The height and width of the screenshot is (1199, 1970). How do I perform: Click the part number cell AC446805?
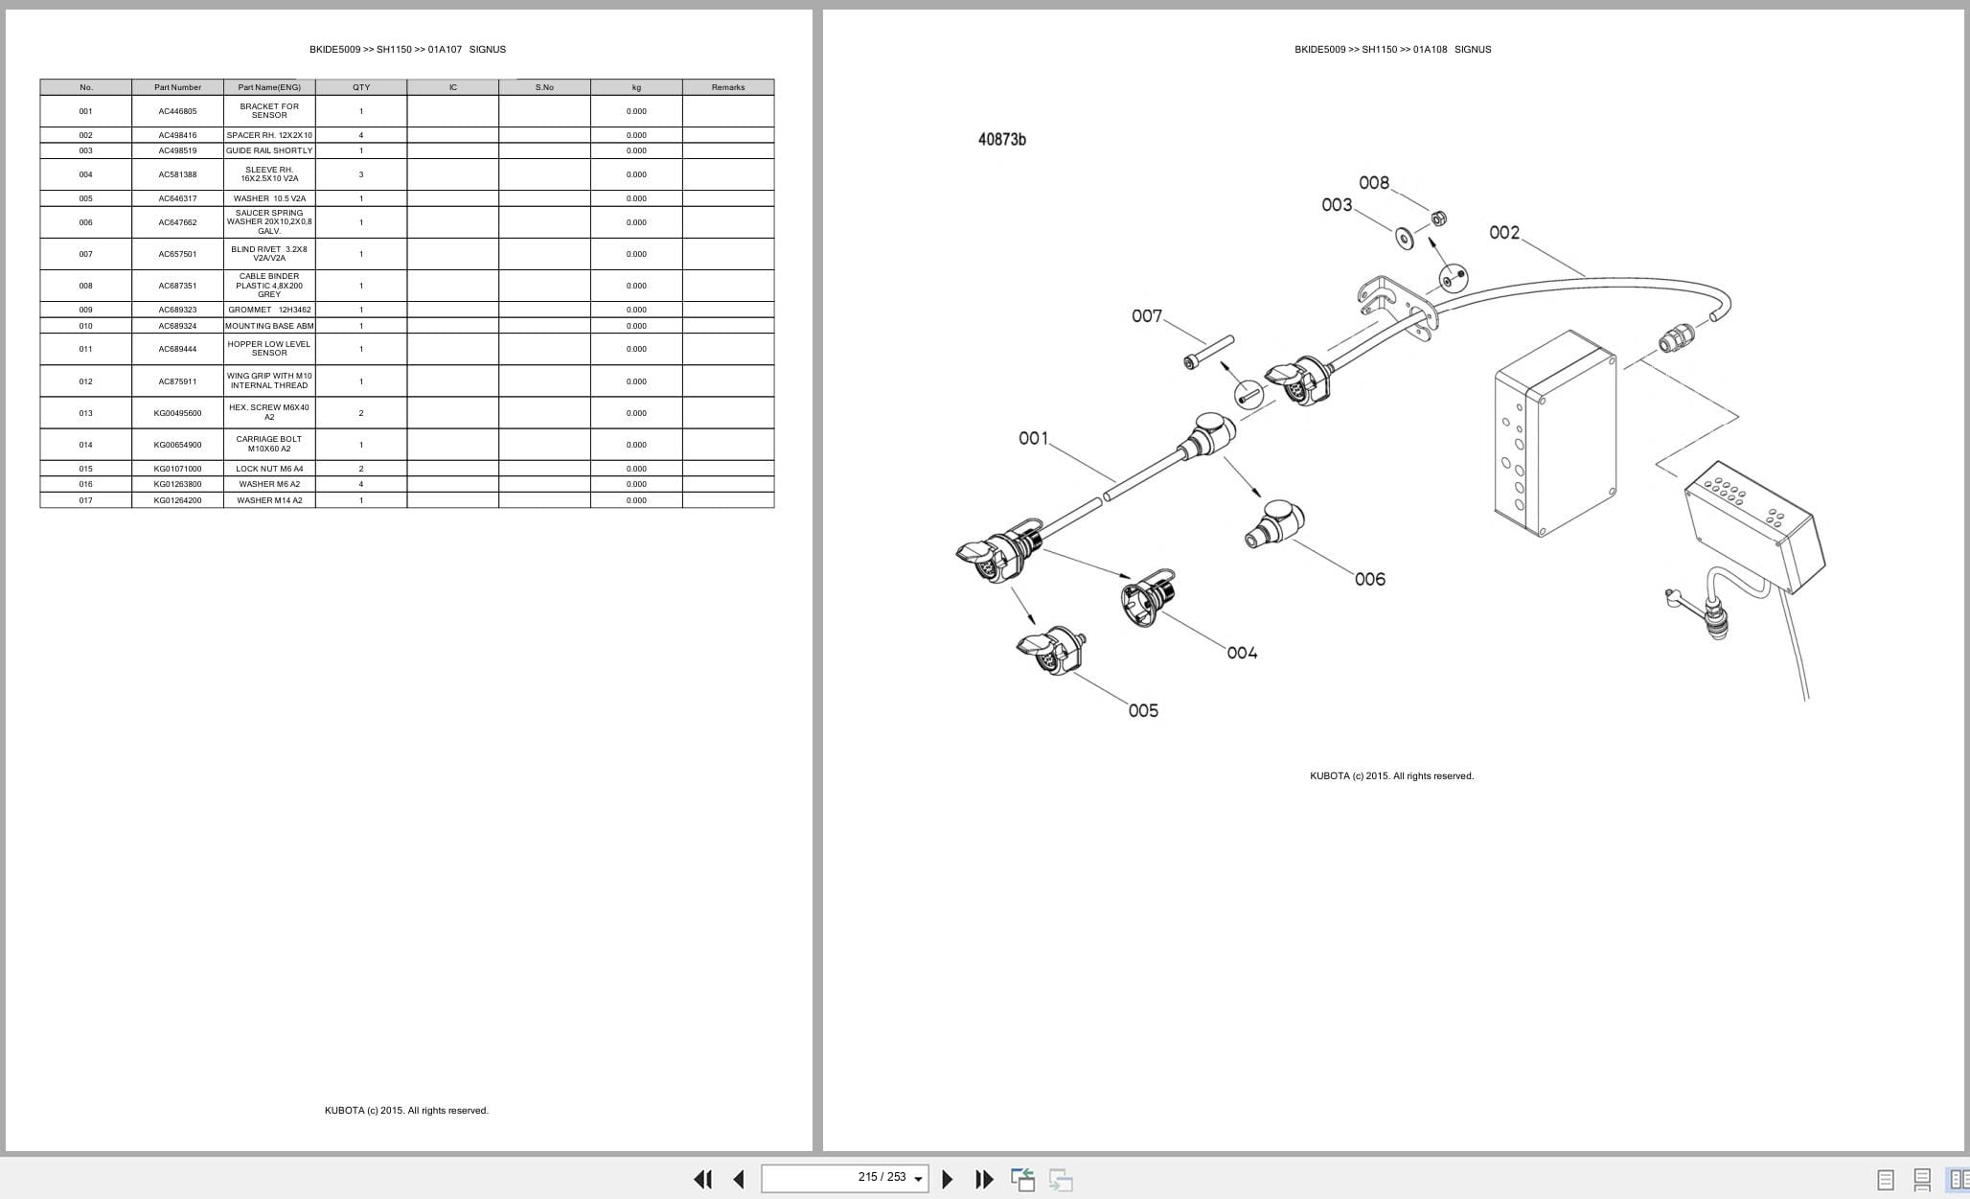tap(177, 111)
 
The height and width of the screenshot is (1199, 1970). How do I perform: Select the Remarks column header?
tap(727, 87)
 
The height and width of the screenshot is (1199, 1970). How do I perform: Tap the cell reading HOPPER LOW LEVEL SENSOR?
tap(269, 349)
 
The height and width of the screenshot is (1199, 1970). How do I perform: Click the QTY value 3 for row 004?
tap(361, 174)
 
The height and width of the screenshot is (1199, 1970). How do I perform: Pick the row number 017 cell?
tap(85, 500)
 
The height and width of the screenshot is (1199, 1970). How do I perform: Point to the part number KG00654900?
tap(177, 445)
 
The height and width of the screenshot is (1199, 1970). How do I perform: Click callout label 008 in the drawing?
tap(1373, 183)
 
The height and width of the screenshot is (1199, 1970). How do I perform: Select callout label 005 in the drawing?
tap(1143, 711)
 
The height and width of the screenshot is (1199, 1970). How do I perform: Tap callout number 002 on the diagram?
tap(1503, 233)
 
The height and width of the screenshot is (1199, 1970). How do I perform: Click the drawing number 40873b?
tap(1001, 140)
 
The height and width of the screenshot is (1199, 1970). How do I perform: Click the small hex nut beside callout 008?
tap(1438, 219)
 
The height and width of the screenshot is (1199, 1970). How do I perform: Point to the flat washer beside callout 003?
tap(1405, 238)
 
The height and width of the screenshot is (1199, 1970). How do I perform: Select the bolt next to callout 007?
tap(1208, 352)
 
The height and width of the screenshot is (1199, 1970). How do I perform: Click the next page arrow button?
tap(947, 1179)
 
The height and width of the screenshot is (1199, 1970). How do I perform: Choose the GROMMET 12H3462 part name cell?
tap(269, 310)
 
